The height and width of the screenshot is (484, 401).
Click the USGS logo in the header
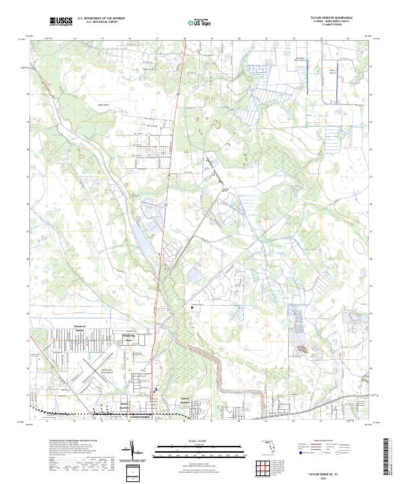[61, 21]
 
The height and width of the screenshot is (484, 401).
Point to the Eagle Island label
[103, 105]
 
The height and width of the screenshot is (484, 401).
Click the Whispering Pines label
[130, 338]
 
